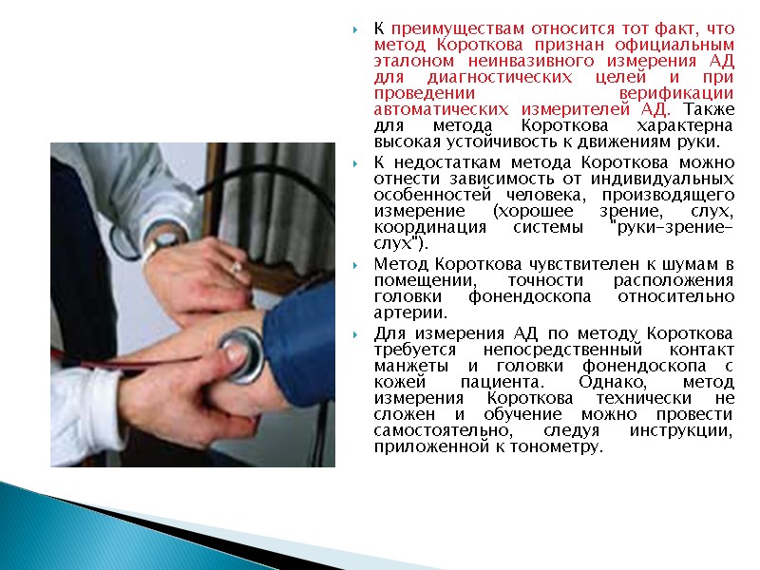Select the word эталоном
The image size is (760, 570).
pos(406,61)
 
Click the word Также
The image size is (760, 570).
pos(709,109)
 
